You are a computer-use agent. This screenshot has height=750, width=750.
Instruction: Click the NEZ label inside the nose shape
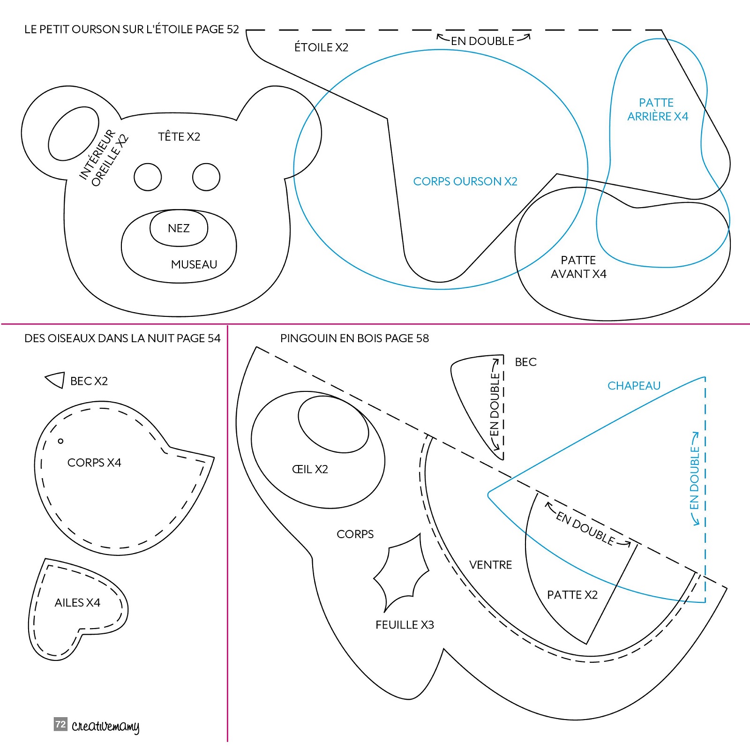(179, 228)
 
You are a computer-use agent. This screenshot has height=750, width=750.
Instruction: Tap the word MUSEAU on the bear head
(194, 264)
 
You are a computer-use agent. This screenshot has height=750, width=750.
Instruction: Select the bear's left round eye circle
(148, 177)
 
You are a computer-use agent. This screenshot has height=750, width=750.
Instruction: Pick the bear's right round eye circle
(206, 177)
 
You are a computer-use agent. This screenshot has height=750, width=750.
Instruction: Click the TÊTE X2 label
(179, 136)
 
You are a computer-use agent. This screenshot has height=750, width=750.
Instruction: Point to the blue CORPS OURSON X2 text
(465, 181)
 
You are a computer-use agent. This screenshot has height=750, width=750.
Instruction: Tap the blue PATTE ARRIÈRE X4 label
(658, 109)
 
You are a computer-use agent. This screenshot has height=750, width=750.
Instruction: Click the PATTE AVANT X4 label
(578, 267)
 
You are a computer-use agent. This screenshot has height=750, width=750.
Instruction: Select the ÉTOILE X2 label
(321, 47)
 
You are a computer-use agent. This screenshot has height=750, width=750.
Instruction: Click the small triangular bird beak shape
(57, 379)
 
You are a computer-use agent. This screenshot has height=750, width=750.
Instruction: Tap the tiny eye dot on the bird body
(60, 441)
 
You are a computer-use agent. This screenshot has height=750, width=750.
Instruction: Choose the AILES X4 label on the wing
(77, 602)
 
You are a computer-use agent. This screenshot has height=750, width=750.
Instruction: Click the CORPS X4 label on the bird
(94, 463)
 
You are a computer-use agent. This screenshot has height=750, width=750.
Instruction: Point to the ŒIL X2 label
(310, 469)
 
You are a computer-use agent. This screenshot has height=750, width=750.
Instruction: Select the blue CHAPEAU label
(634, 386)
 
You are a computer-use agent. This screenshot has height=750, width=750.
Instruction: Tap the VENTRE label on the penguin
(490, 565)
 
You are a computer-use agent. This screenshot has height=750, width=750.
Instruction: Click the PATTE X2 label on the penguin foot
(572, 595)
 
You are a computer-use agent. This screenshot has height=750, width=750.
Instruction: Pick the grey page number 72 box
(60, 724)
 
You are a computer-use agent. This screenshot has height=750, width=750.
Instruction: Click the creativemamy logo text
(105, 726)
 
